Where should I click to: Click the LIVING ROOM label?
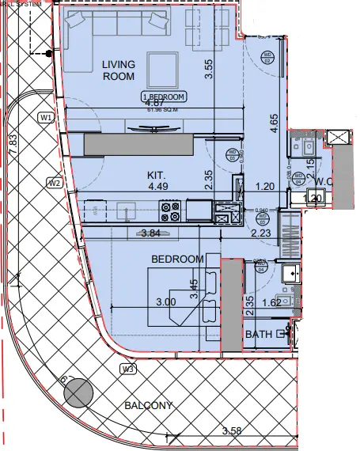118,70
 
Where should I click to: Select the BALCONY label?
148,406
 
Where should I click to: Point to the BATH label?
258,335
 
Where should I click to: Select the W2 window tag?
54,184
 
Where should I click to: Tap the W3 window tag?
127,370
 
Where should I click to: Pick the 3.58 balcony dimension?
232,430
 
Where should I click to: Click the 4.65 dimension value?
275,127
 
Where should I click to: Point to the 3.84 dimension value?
151,233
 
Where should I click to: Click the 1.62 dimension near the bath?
271,301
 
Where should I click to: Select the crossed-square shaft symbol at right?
338,138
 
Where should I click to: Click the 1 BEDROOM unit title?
164,97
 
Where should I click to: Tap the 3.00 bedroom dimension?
165,301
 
